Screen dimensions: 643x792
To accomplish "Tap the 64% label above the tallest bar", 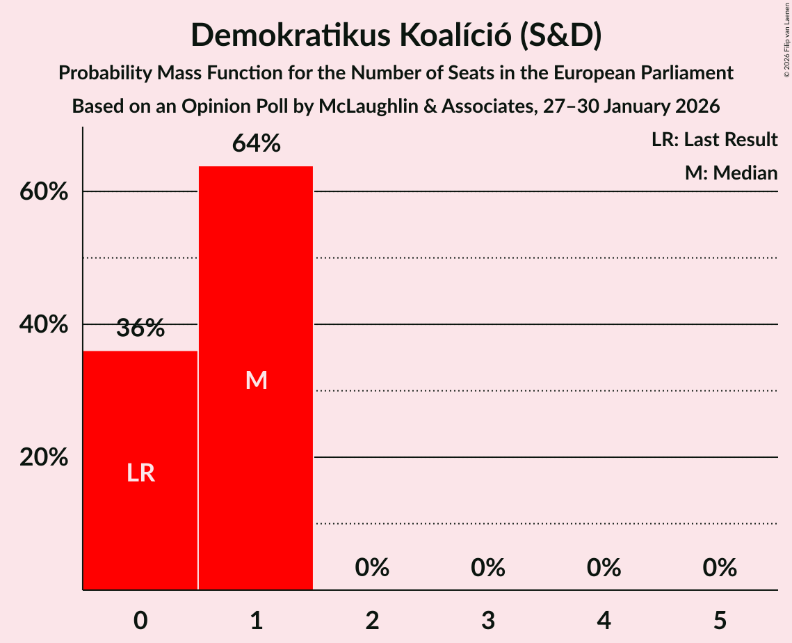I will tap(256, 143).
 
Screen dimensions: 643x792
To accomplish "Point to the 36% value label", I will tap(140, 328).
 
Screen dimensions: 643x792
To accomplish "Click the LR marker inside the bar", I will tap(140, 473).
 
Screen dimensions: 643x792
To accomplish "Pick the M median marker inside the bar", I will tap(256, 380).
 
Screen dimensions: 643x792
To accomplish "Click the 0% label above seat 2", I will tap(372, 568).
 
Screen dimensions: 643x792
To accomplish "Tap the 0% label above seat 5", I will tap(719, 568).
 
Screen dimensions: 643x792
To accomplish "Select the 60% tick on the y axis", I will tap(44, 191).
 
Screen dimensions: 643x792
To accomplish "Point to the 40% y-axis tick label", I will tap(44, 324).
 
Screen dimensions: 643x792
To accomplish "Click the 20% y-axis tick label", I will tap(44, 457).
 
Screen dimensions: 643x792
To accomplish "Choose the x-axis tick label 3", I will tap(487, 620).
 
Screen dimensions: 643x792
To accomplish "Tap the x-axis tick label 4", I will tap(604, 620).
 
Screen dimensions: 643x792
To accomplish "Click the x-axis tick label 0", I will tap(140, 620).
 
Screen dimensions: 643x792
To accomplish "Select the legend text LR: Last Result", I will tap(714, 140).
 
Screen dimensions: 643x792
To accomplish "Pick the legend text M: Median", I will tap(731, 173).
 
